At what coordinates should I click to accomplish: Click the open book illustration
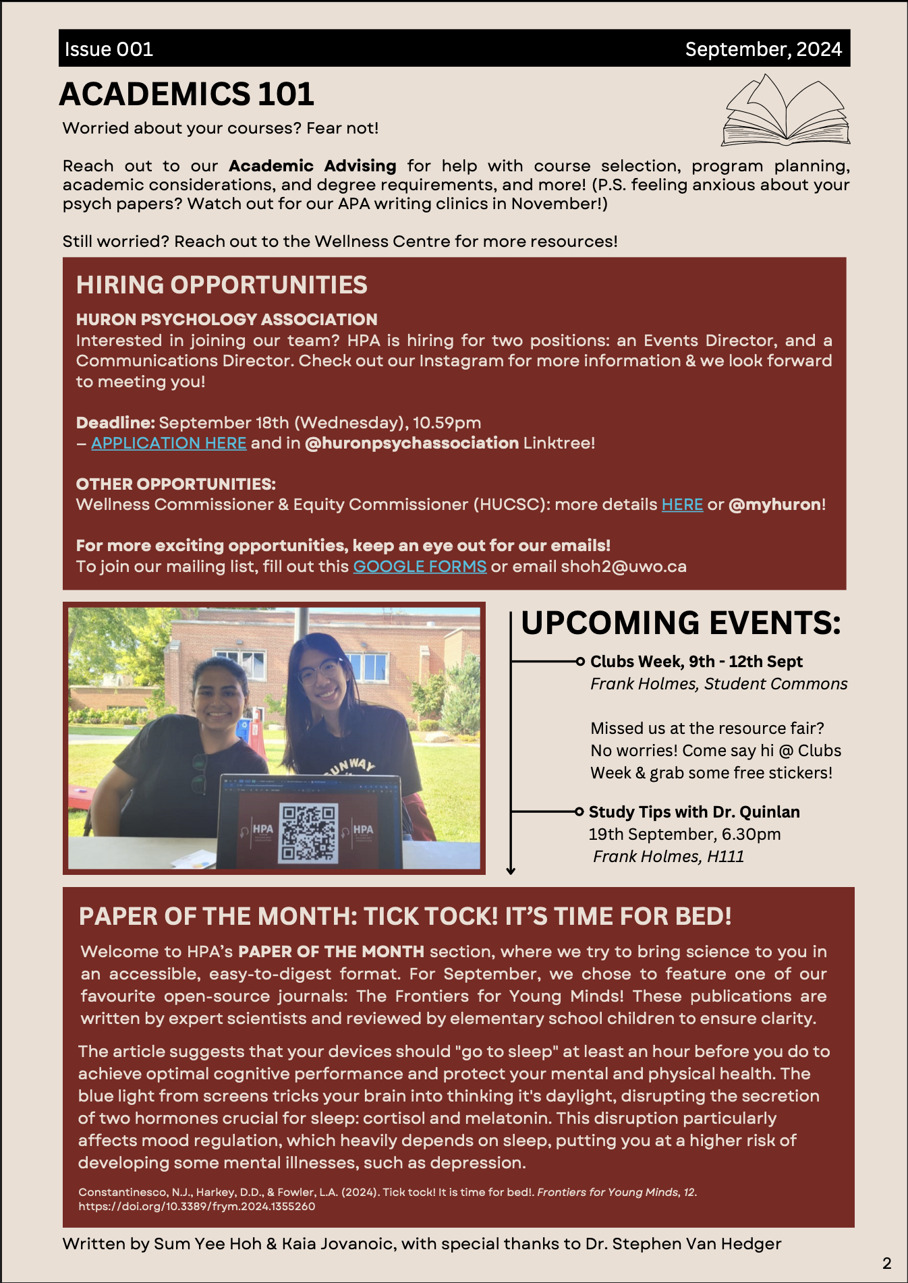tap(786, 111)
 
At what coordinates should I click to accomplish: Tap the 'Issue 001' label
tap(109, 49)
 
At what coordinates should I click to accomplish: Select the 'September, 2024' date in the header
tap(763, 49)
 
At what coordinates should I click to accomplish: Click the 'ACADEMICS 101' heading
tap(187, 94)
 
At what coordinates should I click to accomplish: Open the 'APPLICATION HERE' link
tap(169, 443)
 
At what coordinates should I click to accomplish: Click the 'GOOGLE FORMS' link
tap(420, 567)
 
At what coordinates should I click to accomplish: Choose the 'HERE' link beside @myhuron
tap(682, 505)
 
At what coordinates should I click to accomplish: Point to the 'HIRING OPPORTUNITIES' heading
tap(221, 285)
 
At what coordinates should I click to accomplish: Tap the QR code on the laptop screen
tap(309, 833)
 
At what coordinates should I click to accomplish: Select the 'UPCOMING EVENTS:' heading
tap(681, 623)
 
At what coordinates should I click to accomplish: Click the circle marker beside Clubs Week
tap(580, 662)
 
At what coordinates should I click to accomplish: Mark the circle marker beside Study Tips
tap(579, 811)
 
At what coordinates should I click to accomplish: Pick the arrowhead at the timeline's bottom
tap(511, 870)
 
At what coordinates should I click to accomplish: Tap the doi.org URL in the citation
tap(196, 1206)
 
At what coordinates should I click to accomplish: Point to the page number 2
tap(886, 1263)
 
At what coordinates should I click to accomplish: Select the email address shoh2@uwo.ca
tap(623, 567)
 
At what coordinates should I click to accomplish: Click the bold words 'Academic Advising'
tap(312, 166)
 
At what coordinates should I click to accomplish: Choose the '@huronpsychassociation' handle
tap(412, 443)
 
